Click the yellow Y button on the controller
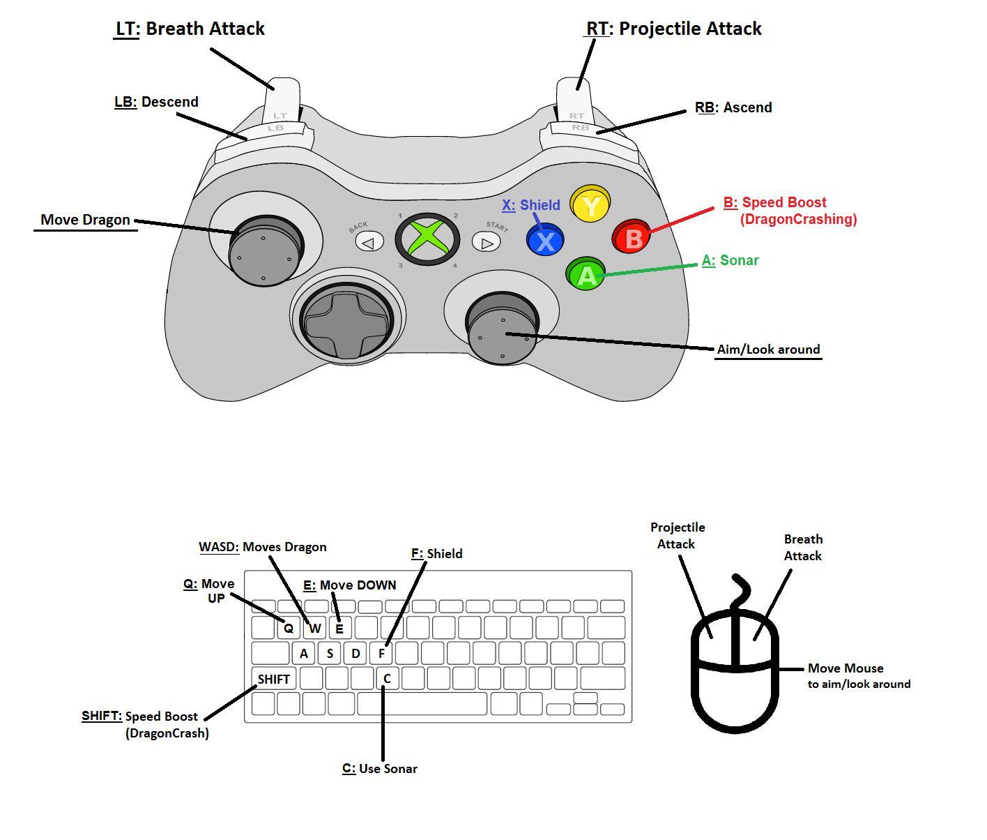point(590,205)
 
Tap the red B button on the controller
point(632,238)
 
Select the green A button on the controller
point(586,275)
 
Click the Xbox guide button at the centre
point(427,239)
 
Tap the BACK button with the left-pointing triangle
point(369,242)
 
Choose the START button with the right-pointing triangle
point(487,242)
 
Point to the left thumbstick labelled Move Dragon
point(266,249)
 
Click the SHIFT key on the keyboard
point(273,679)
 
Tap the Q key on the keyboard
point(288,628)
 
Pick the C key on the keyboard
point(387,678)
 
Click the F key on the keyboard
point(381,654)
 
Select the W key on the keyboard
point(314,628)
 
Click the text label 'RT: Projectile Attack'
point(673,29)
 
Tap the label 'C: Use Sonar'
point(380,769)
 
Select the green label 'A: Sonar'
point(730,260)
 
